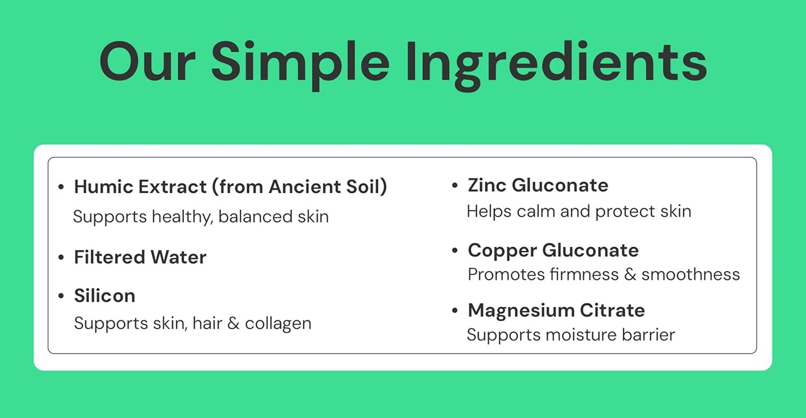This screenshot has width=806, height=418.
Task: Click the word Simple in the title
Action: point(300,65)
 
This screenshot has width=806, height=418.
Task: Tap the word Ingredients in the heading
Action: point(556,65)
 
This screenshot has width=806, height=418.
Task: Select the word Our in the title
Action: point(148,62)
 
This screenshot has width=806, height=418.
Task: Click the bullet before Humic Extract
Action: point(61,186)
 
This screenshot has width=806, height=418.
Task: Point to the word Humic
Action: point(104,186)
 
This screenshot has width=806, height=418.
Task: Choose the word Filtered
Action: point(110,257)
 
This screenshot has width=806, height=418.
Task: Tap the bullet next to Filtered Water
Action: point(61,257)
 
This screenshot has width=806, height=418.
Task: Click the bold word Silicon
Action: point(105,296)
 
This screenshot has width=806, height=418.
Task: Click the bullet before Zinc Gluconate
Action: point(455,185)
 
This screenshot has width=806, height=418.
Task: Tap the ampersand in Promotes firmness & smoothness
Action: point(630,275)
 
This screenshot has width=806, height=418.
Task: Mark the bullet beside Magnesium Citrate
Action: point(455,310)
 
